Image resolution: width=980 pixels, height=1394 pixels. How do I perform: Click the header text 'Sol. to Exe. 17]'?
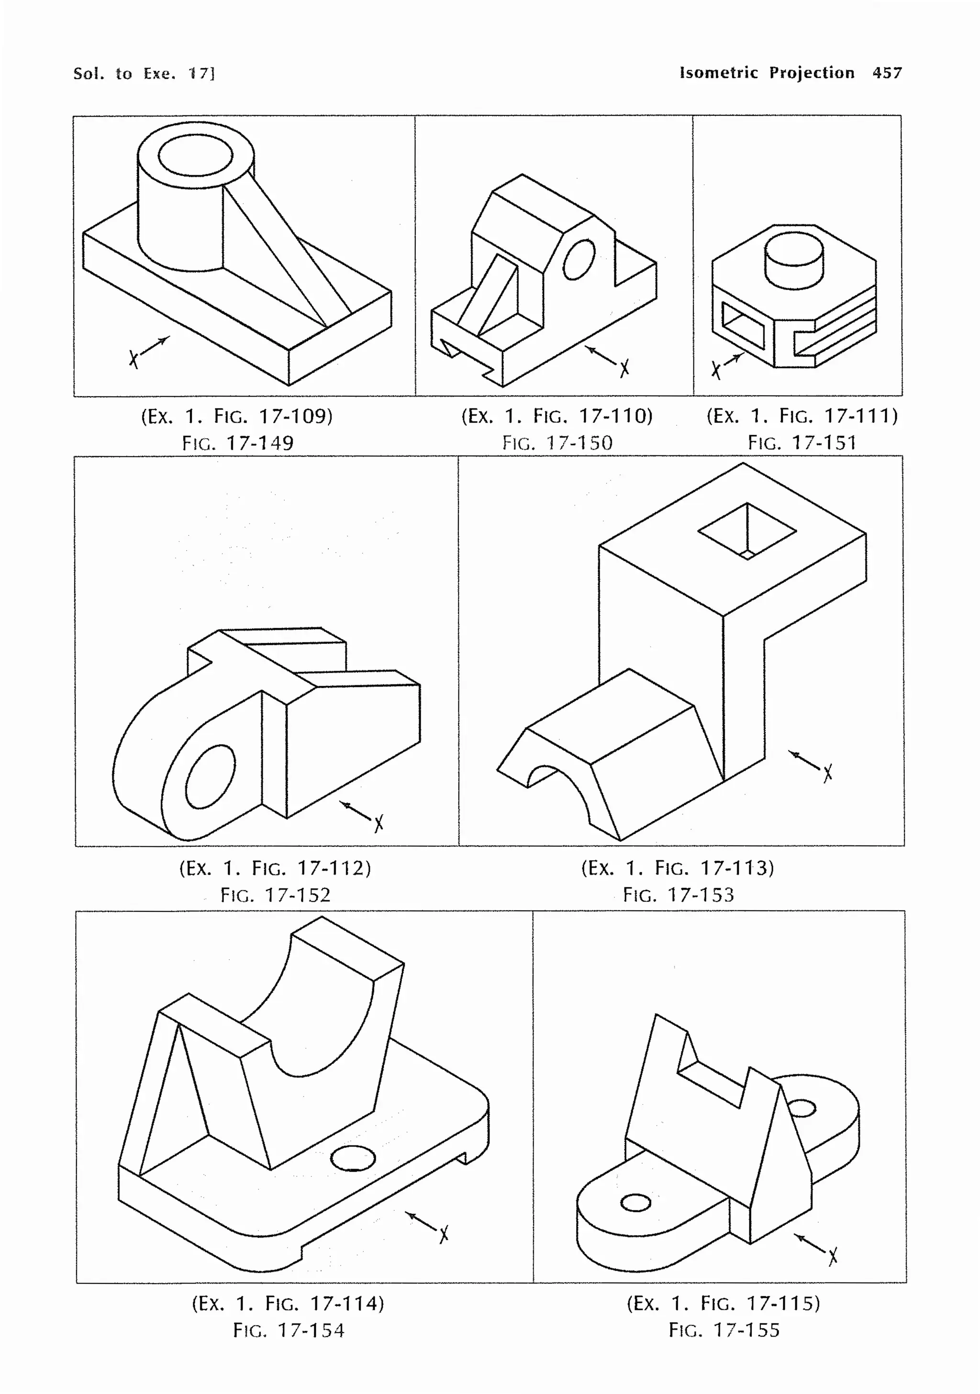pos(144,74)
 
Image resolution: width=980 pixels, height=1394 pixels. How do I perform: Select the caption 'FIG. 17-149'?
pos(237,443)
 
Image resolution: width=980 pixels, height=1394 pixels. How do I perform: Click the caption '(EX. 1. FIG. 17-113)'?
pos(677,868)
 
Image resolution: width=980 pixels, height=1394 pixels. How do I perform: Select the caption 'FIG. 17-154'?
pos(289,1330)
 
